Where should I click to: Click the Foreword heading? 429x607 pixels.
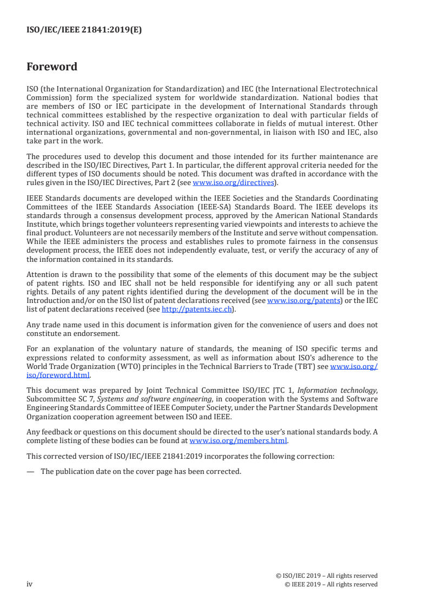pos(52,67)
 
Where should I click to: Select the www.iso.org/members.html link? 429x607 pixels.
pos(239,440)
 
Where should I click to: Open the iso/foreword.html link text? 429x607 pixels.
pos(58,375)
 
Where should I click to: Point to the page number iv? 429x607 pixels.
pos(30,584)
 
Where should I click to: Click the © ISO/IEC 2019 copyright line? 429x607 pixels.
pos(326,576)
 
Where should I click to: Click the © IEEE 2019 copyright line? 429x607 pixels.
pos(331,584)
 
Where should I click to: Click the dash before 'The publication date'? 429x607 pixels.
pos(30,471)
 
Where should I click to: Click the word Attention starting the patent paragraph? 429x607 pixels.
pos(44,275)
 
